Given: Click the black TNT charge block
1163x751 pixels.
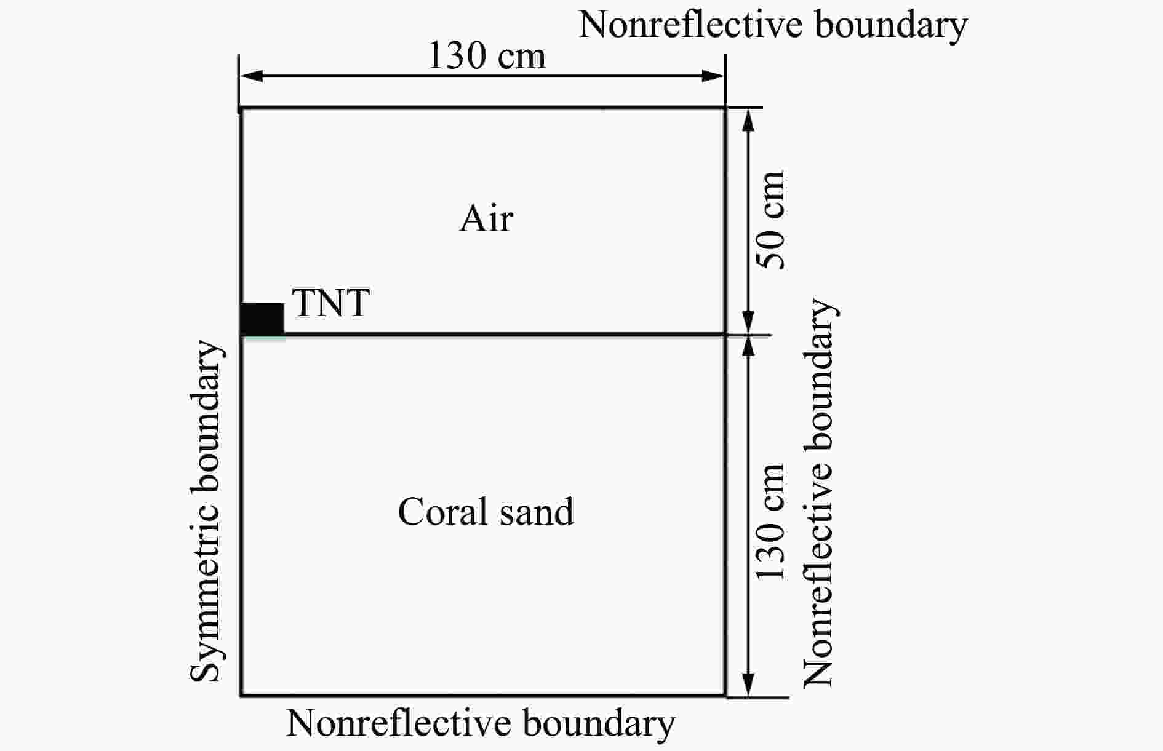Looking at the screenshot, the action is pyautogui.click(x=263, y=319).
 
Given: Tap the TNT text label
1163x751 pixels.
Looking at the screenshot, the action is pyautogui.click(x=331, y=303).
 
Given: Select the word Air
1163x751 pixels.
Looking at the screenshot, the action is pyautogui.click(x=486, y=218).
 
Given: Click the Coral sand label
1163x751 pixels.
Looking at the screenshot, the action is pyautogui.click(x=486, y=511).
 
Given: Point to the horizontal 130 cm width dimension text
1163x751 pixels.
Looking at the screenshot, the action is pyautogui.click(x=486, y=55).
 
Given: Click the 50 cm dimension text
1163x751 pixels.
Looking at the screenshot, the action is pyautogui.click(x=771, y=220).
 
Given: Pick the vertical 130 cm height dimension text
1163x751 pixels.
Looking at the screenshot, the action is pyautogui.click(x=771, y=521).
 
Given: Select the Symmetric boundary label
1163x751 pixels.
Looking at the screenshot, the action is pyautogui.click(x=205, y=511).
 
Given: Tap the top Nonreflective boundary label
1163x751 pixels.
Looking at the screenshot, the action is pyautogui.click(x=773, y=25).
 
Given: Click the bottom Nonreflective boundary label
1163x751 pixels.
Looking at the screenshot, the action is pyautogui.click(x=481, y=723).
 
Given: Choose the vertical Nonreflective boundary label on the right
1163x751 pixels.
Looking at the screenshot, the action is pyautogui.click(x=818, y=493).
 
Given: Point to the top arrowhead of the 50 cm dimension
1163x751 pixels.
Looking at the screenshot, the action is pyautogui.click(x=748, y=121).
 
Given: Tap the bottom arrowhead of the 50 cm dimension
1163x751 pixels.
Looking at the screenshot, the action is pyautogui.click(x=748, y=322).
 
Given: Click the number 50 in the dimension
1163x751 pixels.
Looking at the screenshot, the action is pyautogui.click(x=771, y=251).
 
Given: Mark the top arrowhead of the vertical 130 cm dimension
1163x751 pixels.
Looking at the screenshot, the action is pyautogui.click(x=748, y=348).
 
